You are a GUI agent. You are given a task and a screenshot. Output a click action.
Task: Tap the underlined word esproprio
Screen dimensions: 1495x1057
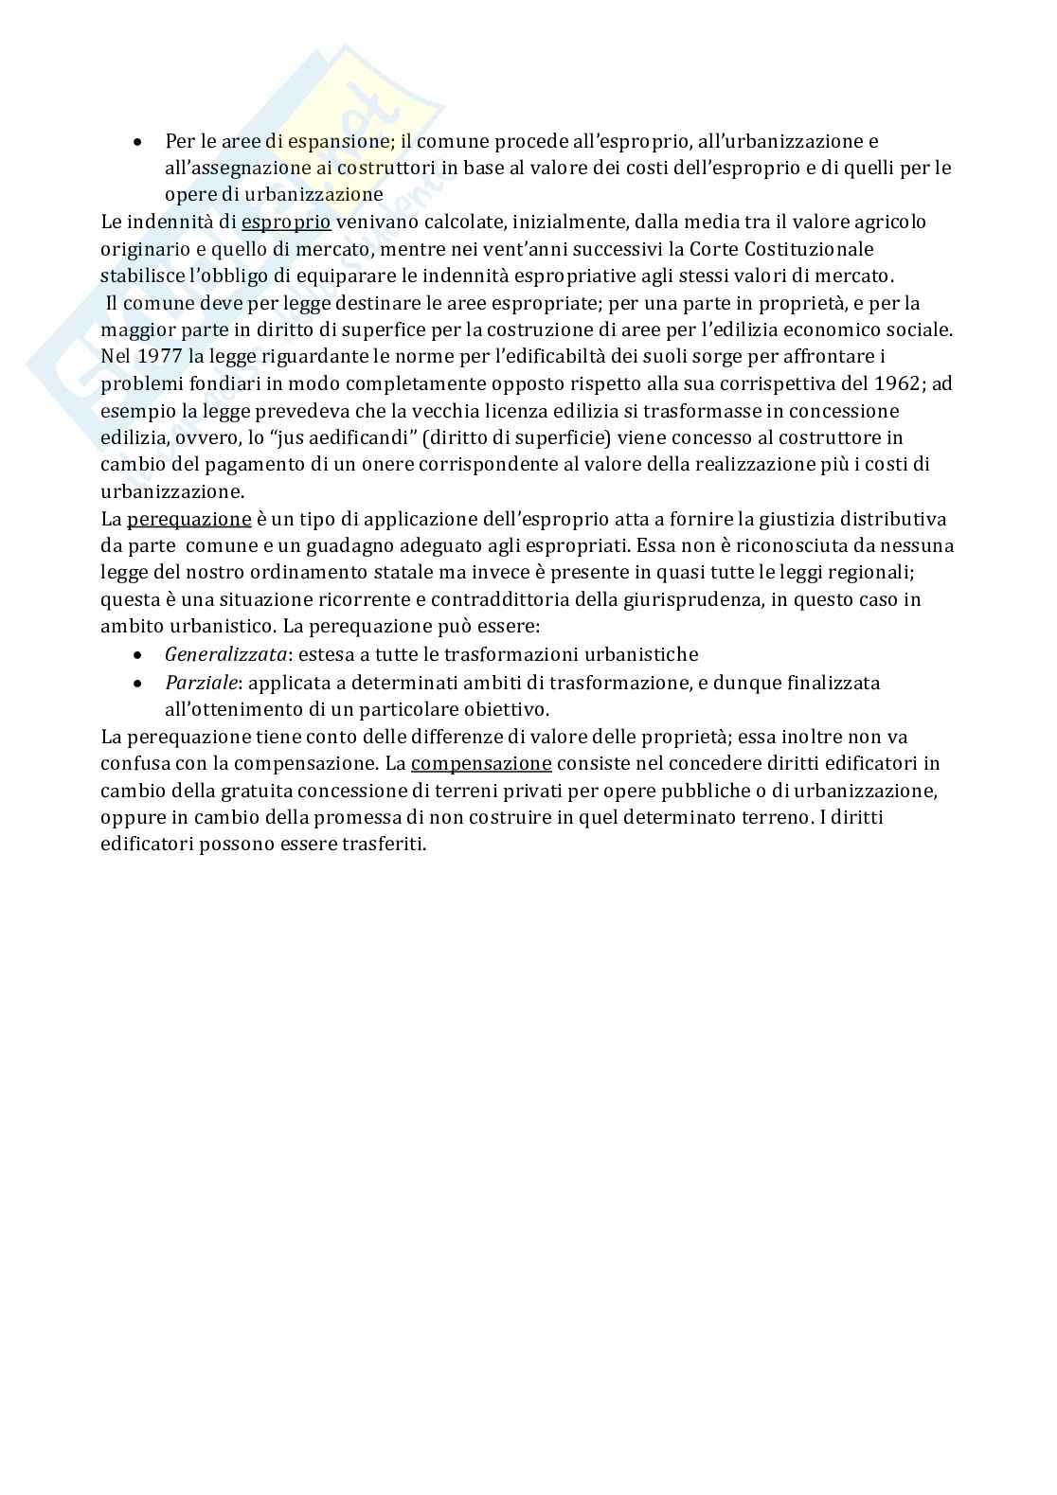(286, 222)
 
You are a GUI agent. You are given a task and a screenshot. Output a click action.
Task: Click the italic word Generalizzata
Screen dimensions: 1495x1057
(225, 655)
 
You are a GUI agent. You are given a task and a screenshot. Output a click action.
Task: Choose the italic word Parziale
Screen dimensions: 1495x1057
(197, 683)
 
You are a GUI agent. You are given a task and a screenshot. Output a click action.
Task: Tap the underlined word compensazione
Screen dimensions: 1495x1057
(481, 764)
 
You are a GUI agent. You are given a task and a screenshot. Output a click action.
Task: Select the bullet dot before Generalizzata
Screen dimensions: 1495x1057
(139, 655)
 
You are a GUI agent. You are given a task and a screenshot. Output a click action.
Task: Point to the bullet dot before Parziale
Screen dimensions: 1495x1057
(139, 683)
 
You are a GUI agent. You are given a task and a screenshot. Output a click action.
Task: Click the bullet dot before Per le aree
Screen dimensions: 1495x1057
(139, 142)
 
